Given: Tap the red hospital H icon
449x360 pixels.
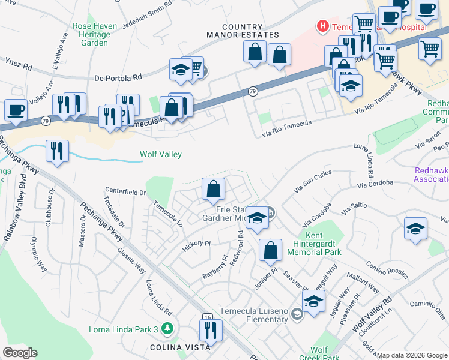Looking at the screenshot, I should pyautogui.click(x=323, y=26).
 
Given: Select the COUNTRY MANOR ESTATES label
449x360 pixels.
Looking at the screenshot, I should pyautogui.click(x=243, y=31).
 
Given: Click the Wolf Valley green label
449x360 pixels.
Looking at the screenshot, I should pyautogui.click(x=161, y=154).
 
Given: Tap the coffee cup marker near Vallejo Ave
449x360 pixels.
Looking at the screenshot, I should pyautogui.click(x=16, y=110).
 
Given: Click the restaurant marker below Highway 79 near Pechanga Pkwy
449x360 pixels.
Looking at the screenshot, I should pyautogui.click(x=57, y=152).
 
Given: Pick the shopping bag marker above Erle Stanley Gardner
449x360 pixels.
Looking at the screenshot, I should pyautogui.click(x=213, y=190).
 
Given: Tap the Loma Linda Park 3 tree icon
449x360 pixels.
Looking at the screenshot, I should pyautogui.click(x=169, y=329).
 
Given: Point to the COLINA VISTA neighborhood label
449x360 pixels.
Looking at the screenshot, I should pyautogui.click(x=180, y=347).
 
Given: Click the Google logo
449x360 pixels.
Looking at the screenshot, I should pyautogui.click(x=20, y=353).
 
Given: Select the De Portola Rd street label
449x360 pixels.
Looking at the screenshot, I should pyautogui.click(x=118, y=77).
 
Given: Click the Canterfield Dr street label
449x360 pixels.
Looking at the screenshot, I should pyautogui.click(x=125, y=192).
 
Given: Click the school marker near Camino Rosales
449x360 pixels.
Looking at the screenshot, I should pyautogui.click(x=415, y=229).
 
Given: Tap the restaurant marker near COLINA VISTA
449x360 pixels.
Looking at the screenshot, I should pyautogui.click(x=211, y=331).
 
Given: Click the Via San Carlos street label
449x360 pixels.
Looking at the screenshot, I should pyautogui.click(x=312, y=182).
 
